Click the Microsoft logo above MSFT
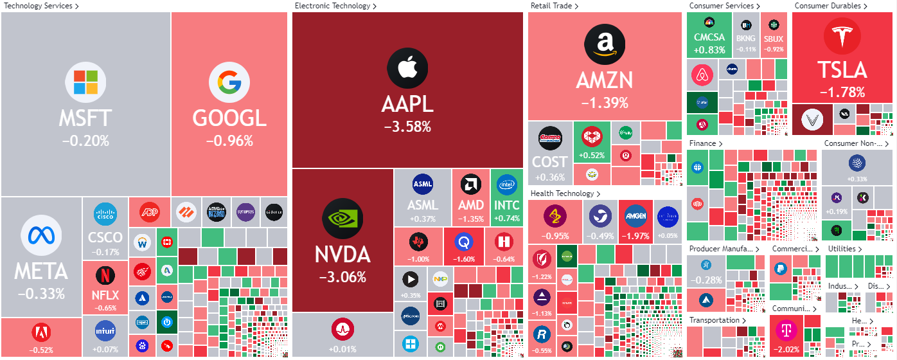point(85,82)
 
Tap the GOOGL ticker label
point(229,118)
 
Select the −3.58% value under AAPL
point(407,127)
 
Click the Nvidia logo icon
point(342,217)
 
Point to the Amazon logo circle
point(604,44)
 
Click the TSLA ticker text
point(842,69)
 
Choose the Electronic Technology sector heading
point(332,6)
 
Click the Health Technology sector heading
point(562,194)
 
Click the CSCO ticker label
point(105,238)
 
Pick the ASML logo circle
point(423,184)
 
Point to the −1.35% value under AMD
point(470,219)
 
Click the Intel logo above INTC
point(507,185)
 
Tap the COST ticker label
point(550,161)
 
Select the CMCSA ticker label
point(709,38)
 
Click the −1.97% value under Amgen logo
point(635,236)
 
